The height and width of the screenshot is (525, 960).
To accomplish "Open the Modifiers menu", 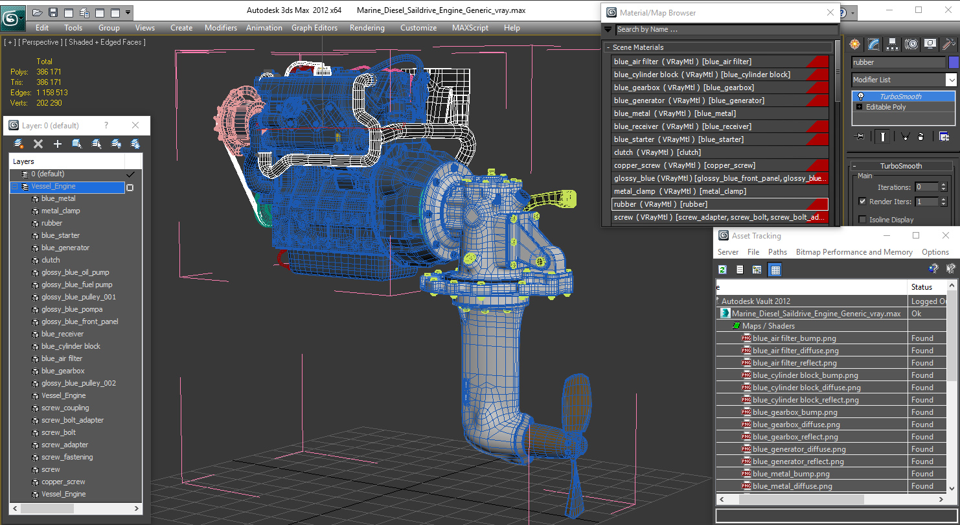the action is pos(221,28).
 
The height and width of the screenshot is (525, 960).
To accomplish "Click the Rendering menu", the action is pos(367,28).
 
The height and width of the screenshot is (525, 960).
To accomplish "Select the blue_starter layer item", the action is pos(60,235).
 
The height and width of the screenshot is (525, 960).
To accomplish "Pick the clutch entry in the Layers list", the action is pos(51,260).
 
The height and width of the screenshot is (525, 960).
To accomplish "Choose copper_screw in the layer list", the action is pos(63,482).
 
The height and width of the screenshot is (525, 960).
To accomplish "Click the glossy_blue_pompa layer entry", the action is pos(72,309).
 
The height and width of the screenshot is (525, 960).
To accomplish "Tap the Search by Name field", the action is pos(726,30).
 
